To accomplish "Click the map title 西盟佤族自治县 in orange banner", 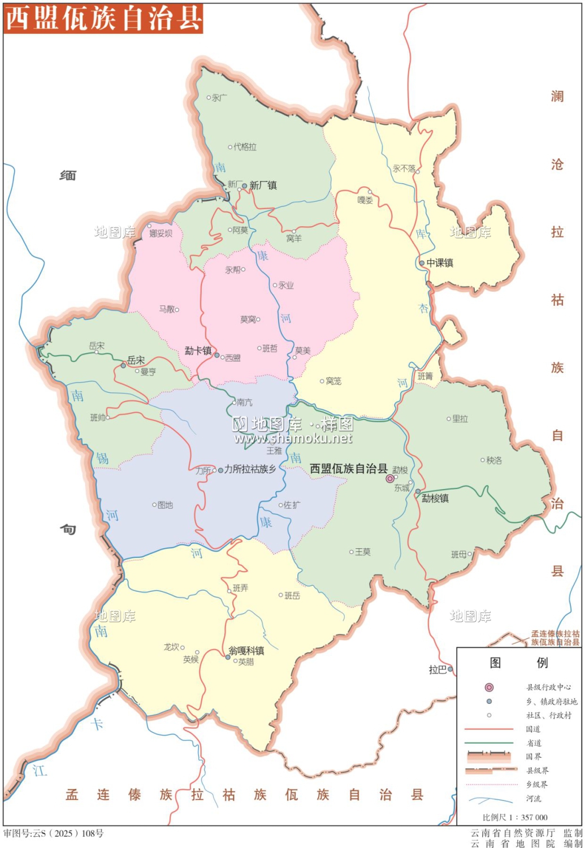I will point(103,18).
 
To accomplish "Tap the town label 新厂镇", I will point(263,185).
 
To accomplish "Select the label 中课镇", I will point(440,263).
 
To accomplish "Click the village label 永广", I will point(219,98).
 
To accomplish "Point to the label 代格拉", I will point(245,147).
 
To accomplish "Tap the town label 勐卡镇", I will point(198,351).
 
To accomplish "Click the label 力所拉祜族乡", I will point(250,469).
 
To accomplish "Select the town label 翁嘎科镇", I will point(246,651).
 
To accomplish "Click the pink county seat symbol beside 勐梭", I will point(390,479).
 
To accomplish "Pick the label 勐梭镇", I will point(435,498).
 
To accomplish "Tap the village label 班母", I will point(459,555).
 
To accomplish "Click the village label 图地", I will point(165,505).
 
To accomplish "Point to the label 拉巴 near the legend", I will point(437,669).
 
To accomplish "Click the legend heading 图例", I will point(518,663).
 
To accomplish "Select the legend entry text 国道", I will point(533,729).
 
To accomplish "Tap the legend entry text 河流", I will point(534,798).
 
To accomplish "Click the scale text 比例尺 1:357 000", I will point(515,817).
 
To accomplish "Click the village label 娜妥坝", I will point(161,233).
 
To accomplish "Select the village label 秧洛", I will point(494,460).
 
